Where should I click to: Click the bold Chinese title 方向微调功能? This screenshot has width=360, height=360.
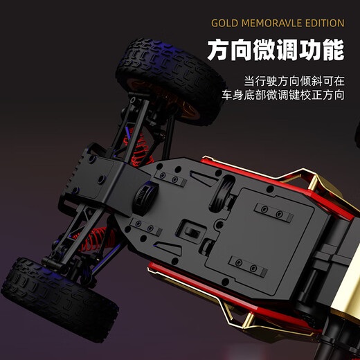276,50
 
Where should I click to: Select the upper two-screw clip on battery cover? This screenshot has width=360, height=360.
269,212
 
